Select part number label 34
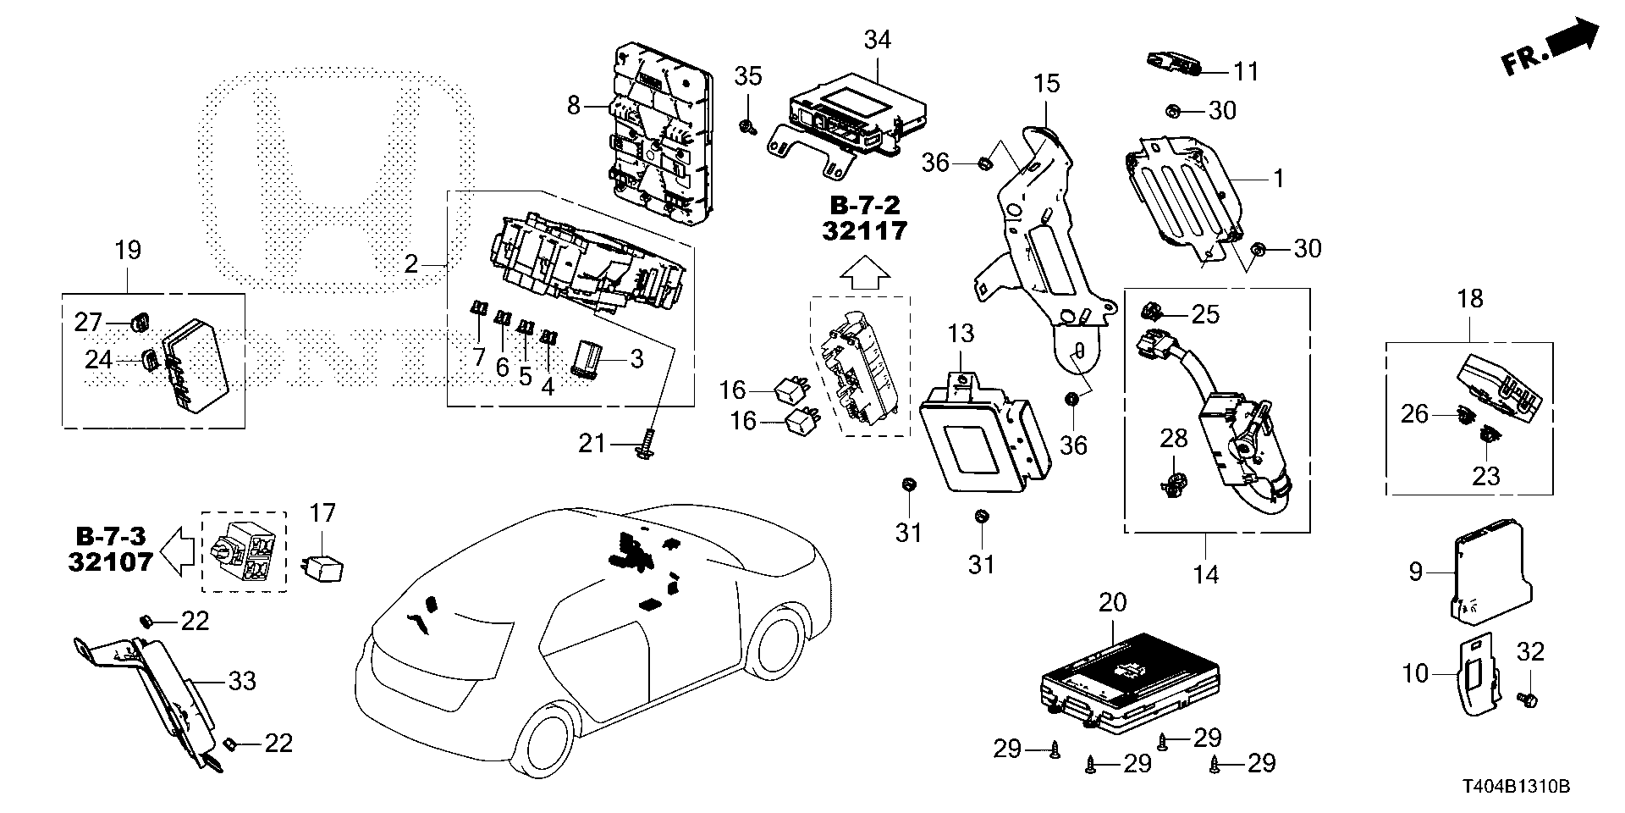click(878, 40)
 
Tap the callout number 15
click(1046, 85)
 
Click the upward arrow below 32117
click(864, 274)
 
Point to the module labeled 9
click(1485, 567)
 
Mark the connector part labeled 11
click(1173, 63)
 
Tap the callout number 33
click(243, 681)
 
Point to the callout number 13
click(961, 334)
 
